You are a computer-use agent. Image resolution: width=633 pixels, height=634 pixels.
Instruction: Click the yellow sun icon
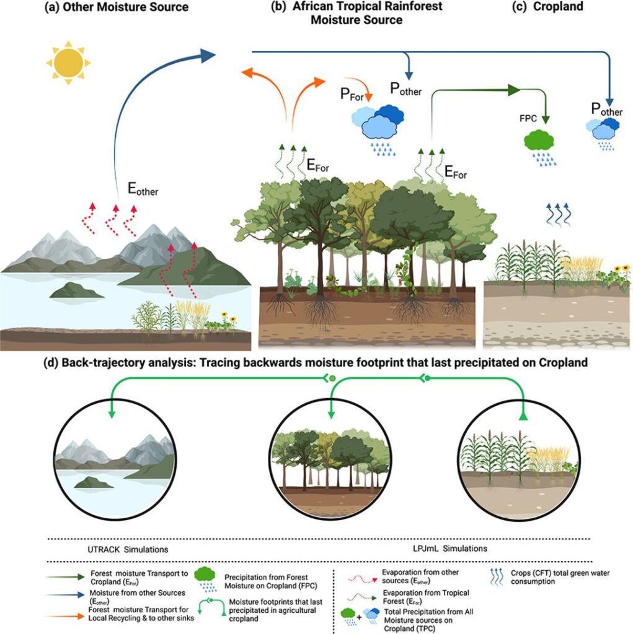point(68,61)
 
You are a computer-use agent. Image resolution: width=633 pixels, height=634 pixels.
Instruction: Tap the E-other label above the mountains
point(143,190)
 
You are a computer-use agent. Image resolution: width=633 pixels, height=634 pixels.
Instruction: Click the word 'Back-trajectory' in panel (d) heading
point(104,363)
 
